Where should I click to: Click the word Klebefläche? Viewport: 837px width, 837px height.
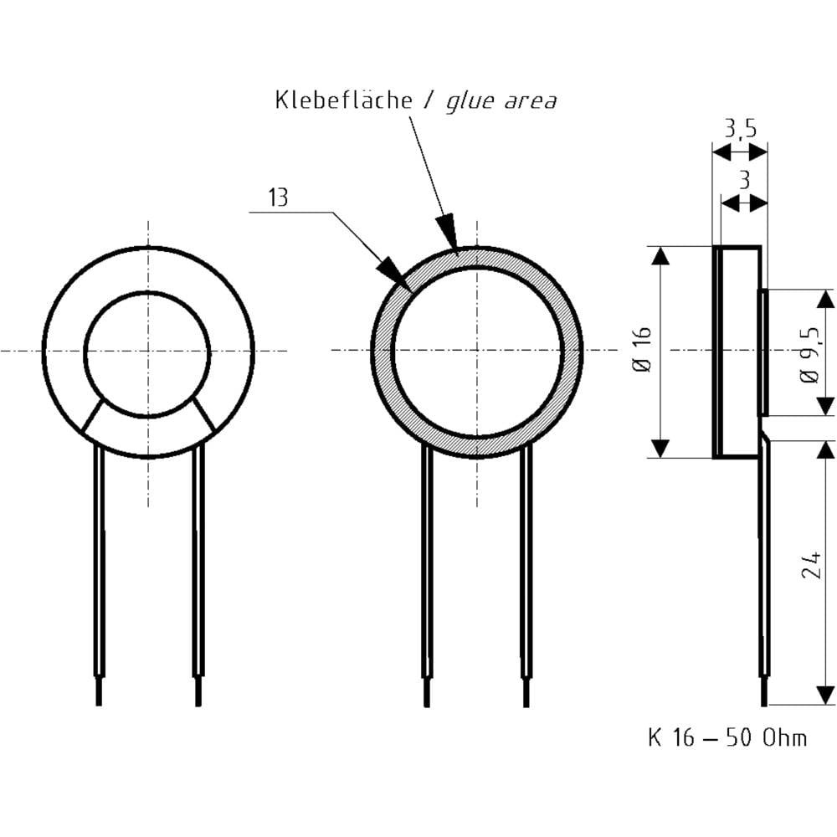click(344, 100)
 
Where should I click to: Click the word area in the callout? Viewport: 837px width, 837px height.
click(530, 101)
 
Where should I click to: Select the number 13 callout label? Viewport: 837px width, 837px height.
click(278, 197)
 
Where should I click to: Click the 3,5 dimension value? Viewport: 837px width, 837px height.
click(741, 129)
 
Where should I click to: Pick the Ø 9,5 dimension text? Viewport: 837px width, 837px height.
click(809, 355)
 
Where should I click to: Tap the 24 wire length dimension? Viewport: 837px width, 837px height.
click(809, 565)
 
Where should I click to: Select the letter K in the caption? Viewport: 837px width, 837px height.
click(655, 737)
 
